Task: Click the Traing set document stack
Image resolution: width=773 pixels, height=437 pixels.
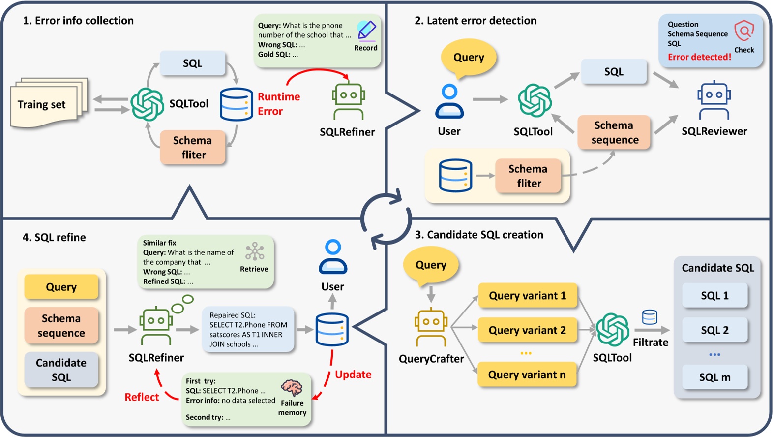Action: (x=48, y=103)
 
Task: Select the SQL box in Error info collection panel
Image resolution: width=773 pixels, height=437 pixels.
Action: (x=192, y=63)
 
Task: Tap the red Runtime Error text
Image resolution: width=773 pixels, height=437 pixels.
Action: (x=278, y=104)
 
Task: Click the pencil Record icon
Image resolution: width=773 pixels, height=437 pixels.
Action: (x=366, y=31)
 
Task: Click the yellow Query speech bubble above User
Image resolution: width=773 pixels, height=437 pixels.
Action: (x=469, y=58)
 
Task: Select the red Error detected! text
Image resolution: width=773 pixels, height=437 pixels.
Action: (x=699, y=57)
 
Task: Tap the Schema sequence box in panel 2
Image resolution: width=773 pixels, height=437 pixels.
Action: (x=614, y=132)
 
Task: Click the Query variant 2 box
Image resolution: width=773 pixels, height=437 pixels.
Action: (x=527, y=330)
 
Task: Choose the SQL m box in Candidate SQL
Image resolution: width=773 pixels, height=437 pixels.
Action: (x=714, y=377)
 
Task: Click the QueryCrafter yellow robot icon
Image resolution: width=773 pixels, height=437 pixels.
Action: (x=431, y=327)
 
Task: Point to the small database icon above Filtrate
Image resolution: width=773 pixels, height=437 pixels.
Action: (x=650, y=317)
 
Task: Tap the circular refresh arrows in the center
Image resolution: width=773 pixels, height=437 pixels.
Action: (x=386, y=218)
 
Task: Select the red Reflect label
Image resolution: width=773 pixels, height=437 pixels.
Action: (x=142, y=397)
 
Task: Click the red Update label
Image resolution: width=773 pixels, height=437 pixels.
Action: (x=353, y=375)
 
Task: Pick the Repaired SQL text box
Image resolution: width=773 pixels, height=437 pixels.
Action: (x=248, y=330)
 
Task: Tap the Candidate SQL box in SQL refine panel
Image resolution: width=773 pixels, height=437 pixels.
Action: (x=61, y=370)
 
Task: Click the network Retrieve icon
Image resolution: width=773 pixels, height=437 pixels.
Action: (x=255, y=251)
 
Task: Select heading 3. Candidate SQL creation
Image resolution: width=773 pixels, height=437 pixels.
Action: (x=479, y=235)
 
